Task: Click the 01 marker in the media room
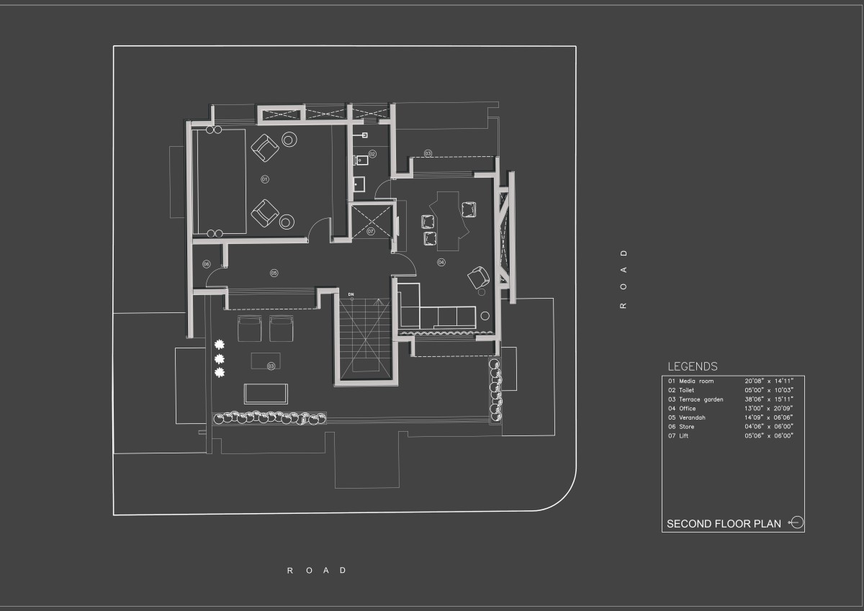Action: point(264,178)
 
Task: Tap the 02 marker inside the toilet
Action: point(372,154)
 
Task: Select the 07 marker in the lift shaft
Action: point(371,232)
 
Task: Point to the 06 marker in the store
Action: point(206,264)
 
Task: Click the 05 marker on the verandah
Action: point(274,273)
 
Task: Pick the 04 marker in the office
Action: point(441,262)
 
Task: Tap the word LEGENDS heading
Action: point(692,366)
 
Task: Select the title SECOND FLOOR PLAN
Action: point(724,524)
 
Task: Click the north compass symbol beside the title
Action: point(796,522)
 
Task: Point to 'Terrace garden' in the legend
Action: point(701,399)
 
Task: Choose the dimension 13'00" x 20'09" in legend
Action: point(770,408)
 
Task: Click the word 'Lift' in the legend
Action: point(683,435)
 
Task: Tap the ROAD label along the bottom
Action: point(317,571)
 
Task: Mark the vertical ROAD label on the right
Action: point(624,279)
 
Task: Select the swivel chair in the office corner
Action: point(478,276)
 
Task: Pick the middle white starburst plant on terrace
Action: point(219,358)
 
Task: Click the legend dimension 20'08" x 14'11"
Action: point(770,381)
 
